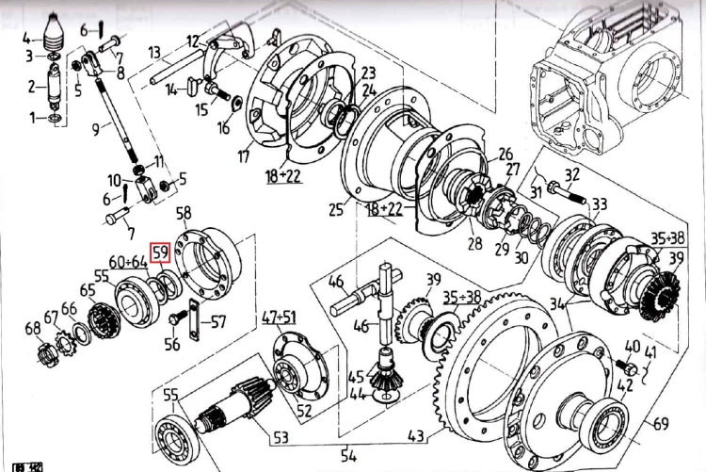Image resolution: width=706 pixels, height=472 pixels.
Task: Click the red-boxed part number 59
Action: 160,252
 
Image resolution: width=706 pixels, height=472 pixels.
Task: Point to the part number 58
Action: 184,213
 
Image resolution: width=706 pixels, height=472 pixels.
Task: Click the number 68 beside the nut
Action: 33,328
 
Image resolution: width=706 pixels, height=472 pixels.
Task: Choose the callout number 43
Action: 415,436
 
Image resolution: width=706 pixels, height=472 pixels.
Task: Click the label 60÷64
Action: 128,261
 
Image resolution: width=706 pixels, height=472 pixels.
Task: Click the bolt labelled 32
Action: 570,200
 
